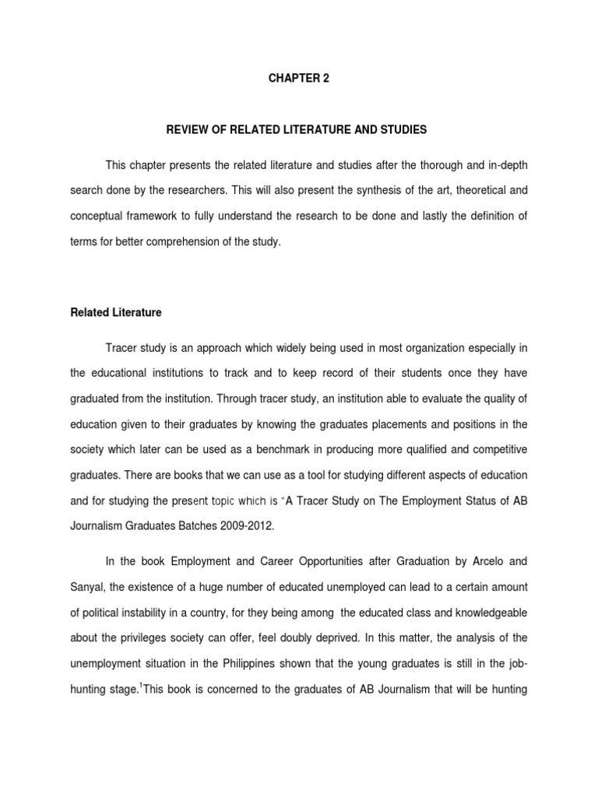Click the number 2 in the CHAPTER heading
pos(315,79)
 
